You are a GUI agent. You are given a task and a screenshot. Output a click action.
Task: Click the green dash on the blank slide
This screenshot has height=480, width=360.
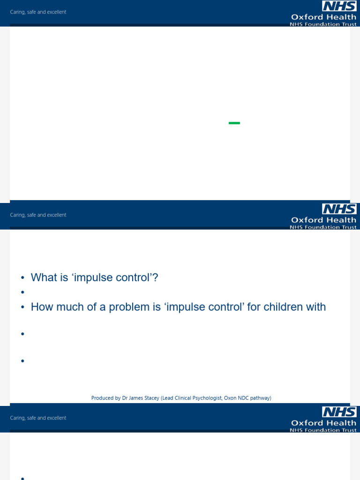234,123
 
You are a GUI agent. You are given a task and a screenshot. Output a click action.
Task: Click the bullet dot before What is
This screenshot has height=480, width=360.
22,278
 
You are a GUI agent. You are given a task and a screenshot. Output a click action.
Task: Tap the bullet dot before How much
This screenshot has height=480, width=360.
22,308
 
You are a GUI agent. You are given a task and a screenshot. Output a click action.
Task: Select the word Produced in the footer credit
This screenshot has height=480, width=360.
102,398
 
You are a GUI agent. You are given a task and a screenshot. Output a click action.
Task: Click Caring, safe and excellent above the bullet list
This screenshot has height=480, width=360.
38,215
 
